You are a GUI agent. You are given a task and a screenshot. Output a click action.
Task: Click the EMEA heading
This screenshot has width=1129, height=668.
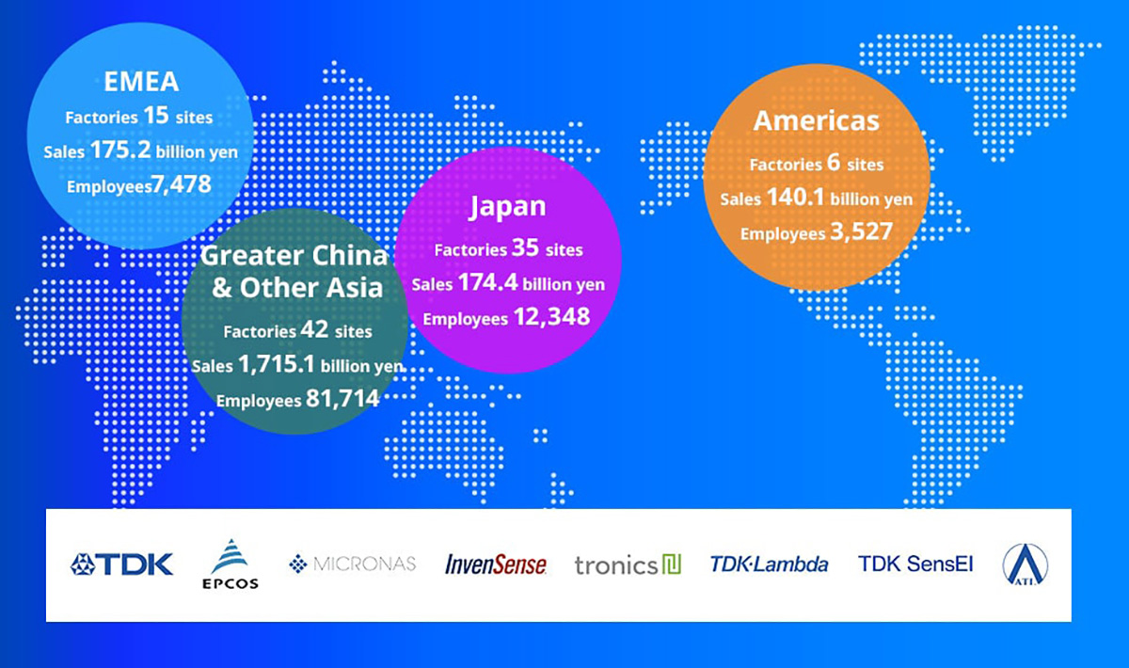(141, 82)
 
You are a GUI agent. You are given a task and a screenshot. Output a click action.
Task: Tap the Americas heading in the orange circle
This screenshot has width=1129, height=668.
(816, 121)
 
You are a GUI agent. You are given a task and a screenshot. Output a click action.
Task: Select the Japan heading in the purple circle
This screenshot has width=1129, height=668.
(507, 207)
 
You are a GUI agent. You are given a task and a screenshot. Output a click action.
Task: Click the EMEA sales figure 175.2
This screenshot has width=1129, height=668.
(120, 150)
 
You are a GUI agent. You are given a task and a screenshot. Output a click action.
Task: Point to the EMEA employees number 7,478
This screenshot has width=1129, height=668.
(182, 185)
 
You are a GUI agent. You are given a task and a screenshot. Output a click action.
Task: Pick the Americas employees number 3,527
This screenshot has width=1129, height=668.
(862, 231)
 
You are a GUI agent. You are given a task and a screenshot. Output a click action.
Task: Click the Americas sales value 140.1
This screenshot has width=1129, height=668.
(795, 197)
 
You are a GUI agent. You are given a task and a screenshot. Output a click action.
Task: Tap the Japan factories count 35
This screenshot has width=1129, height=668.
(526, 247)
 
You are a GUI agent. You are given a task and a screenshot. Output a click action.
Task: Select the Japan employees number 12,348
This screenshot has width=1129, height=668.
(552, 317)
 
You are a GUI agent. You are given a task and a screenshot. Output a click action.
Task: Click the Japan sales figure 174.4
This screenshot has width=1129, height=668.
(488, 282)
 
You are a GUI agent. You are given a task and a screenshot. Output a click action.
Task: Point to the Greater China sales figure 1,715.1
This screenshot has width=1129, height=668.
(277, 364)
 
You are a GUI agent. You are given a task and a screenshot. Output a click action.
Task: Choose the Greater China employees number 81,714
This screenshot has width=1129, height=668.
(342, 399)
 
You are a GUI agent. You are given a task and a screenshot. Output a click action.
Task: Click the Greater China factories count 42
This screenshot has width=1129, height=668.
(314, 329)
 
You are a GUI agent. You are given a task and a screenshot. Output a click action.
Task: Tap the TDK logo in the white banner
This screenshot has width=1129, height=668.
(121, 565)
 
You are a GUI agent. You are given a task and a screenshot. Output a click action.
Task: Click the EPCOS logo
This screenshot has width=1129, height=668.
(231, 564)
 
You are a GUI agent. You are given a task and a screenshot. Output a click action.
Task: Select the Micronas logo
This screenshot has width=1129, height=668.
(352, 564)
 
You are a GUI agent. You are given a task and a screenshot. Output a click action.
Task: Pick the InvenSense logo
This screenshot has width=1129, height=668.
(496, 565)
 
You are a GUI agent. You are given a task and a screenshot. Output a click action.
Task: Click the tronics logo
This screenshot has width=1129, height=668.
(628, 565)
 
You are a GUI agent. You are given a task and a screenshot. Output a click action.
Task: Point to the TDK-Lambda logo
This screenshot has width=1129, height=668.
(770, 565)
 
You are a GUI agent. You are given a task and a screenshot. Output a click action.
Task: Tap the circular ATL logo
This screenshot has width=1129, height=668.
(1026, 565)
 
